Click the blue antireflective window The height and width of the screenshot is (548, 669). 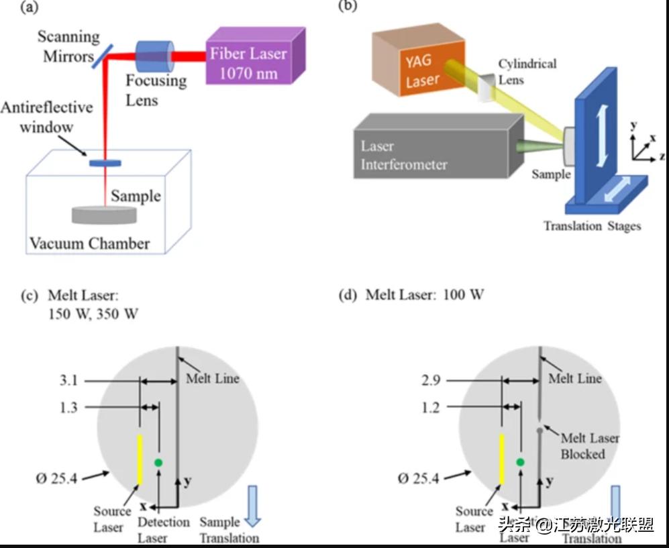(x=105, y=162)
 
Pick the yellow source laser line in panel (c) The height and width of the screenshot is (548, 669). (x=140, y=459)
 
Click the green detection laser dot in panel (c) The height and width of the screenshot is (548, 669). (x=158, y=462)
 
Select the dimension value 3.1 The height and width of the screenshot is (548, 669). (x=68, y=381)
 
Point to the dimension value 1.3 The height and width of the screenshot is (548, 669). (x=68, y=407)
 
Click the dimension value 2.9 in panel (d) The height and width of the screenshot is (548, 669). (x=431, y=381)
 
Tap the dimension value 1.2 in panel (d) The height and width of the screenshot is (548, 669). (x=431, y=407)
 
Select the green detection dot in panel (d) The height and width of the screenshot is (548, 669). (x=520, y=462)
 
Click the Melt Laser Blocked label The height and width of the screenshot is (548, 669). (x=590, y=446)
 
